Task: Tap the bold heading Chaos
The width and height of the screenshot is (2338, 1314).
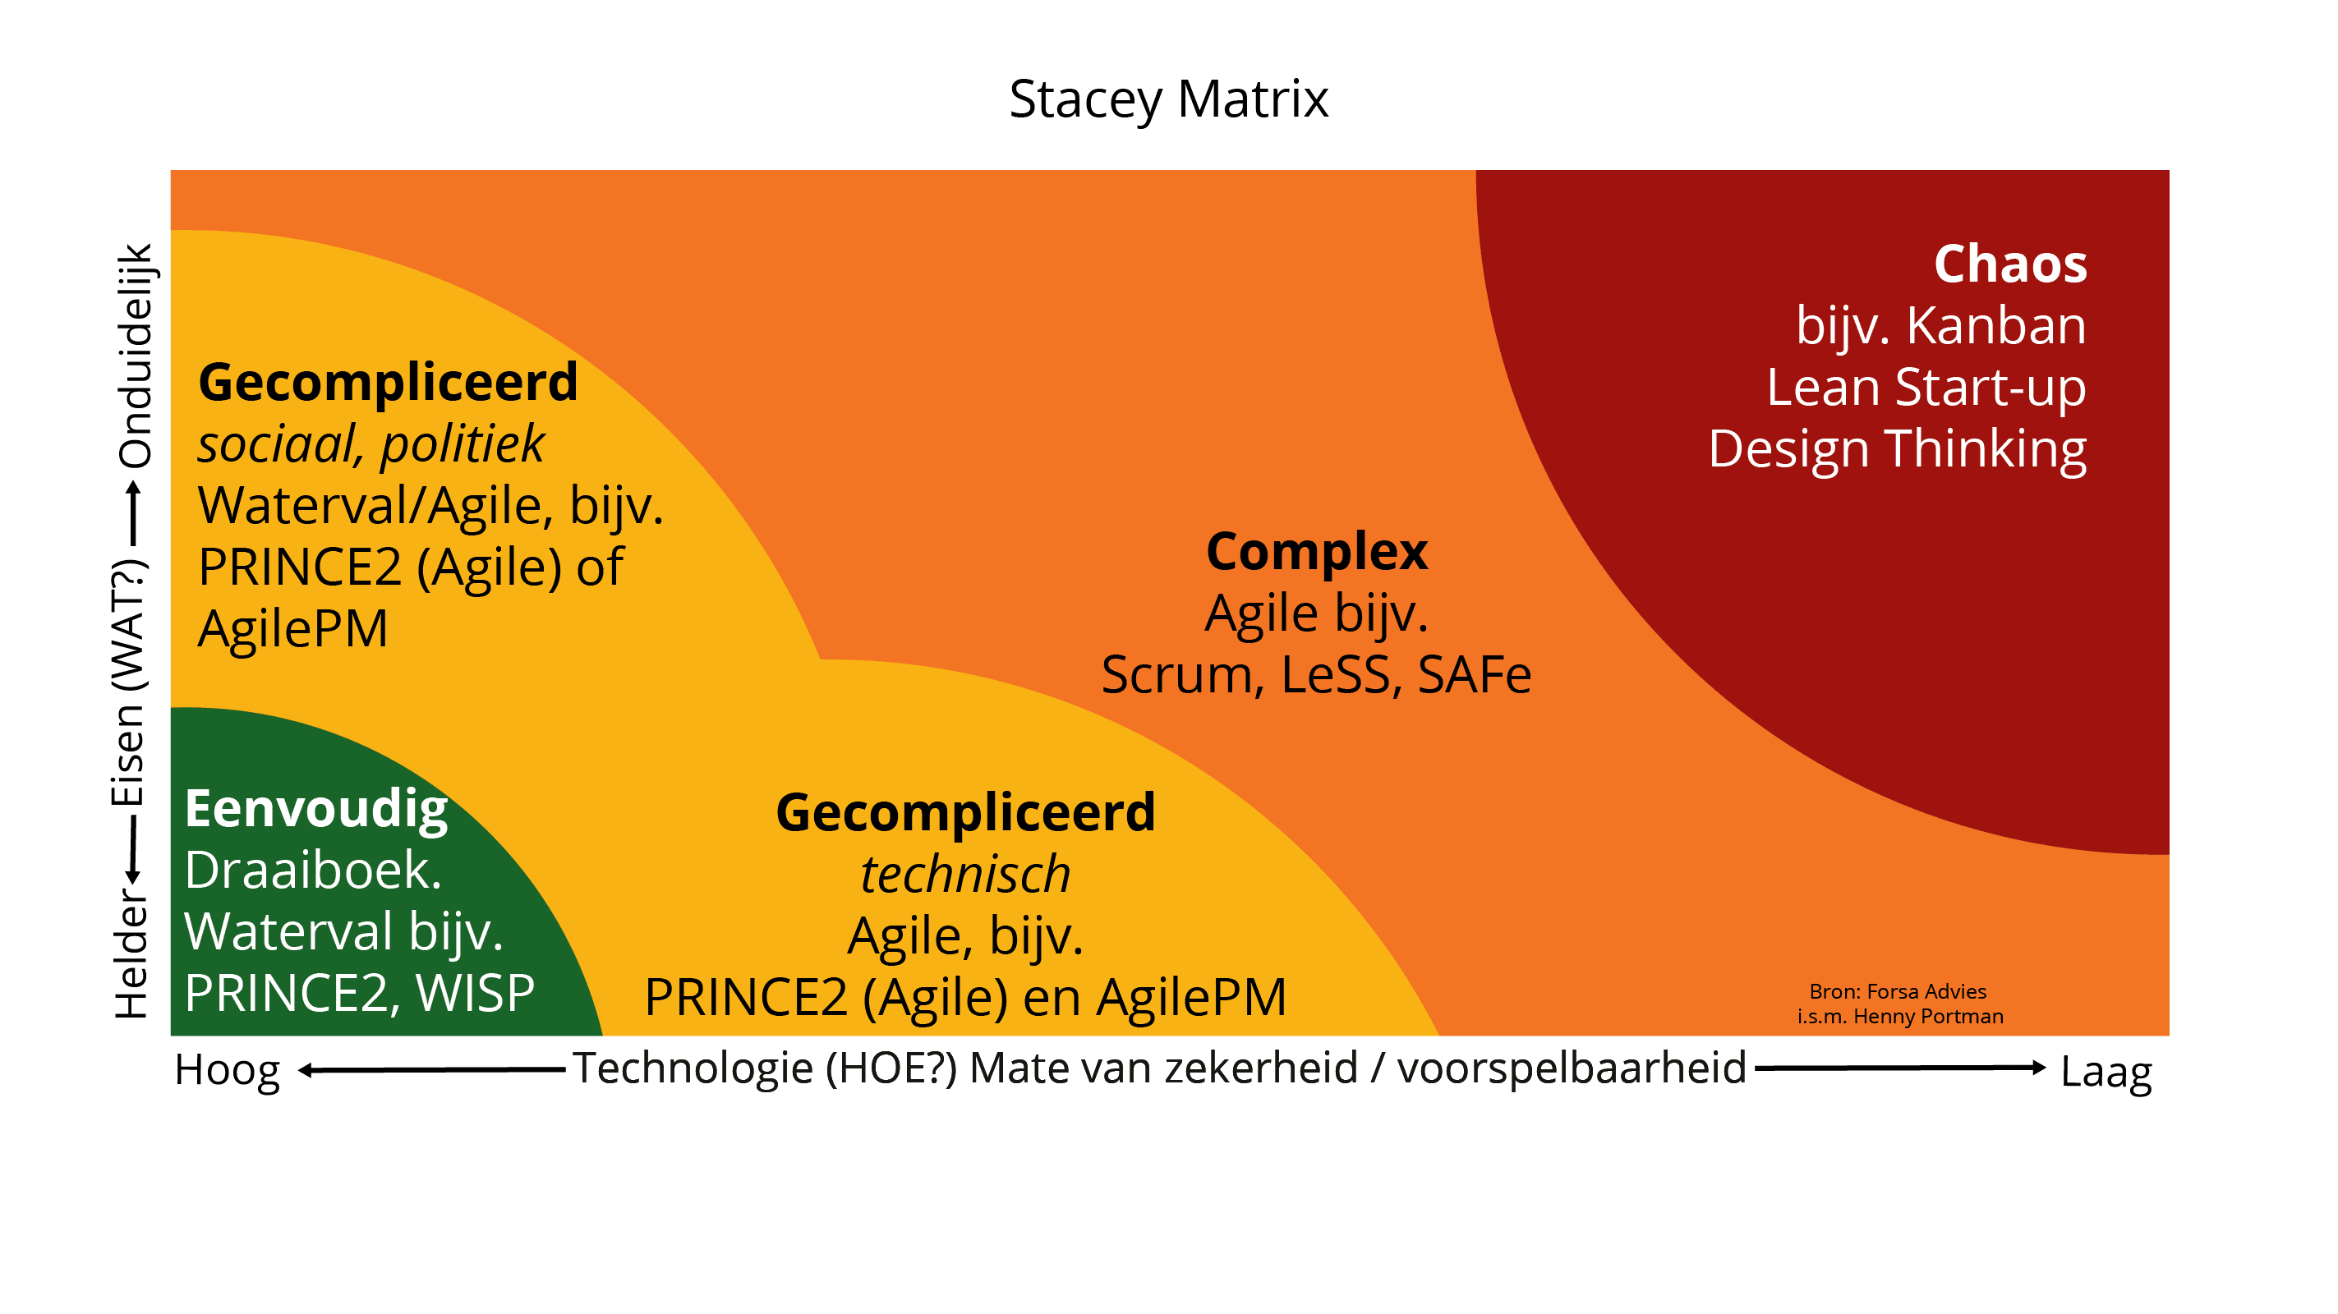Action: [2009, 264]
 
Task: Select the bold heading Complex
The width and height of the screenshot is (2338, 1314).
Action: [1316, 552]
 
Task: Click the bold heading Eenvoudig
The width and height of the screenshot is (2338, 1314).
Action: [315, 809]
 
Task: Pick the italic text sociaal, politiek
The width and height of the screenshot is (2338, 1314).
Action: [371, 444]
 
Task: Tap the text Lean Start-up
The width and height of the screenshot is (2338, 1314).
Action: [1925, 388]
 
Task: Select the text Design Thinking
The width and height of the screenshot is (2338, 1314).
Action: [1897, 449]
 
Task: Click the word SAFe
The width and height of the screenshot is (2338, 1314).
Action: [1474, 675]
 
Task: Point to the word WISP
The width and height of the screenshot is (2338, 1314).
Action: [475, 993]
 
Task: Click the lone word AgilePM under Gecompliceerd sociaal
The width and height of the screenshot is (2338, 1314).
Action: [292, 629]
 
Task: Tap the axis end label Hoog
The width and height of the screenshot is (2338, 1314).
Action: [227, 1070]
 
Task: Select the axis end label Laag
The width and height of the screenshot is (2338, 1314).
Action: [2106, 1072]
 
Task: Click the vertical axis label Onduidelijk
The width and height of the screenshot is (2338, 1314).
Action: [135, 355]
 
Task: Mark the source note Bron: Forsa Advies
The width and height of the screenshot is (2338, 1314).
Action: [1897, 992]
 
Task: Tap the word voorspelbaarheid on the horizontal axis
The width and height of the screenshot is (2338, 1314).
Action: [1571, 1068]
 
